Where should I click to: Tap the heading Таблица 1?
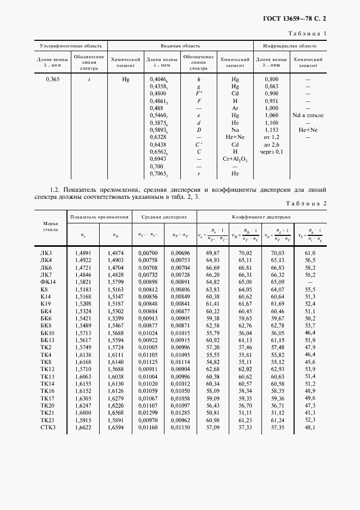click(308, 34)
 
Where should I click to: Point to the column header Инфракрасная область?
click(290, 46)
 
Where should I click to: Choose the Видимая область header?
click(180, 46)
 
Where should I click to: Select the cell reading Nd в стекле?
click(308, 116)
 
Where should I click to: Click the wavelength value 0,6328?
click(157, 137)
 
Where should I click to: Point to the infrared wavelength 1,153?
click(271, 130)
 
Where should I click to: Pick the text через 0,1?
click(271, 152)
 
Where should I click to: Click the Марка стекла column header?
click(50, 226)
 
